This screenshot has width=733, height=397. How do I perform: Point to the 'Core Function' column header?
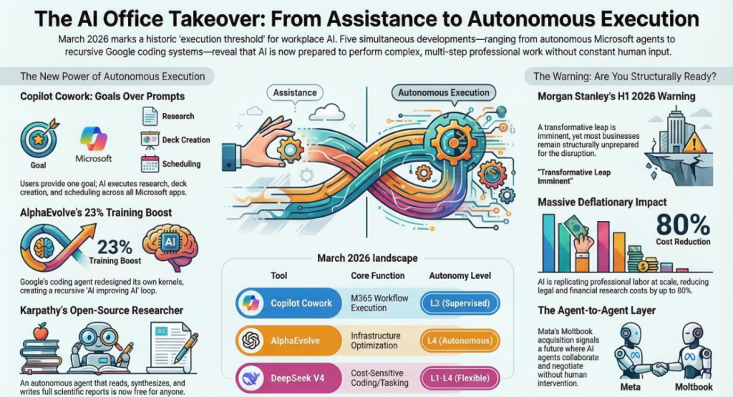tap(377, 275)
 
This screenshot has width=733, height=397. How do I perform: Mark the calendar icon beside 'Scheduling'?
tap(150, 163)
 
